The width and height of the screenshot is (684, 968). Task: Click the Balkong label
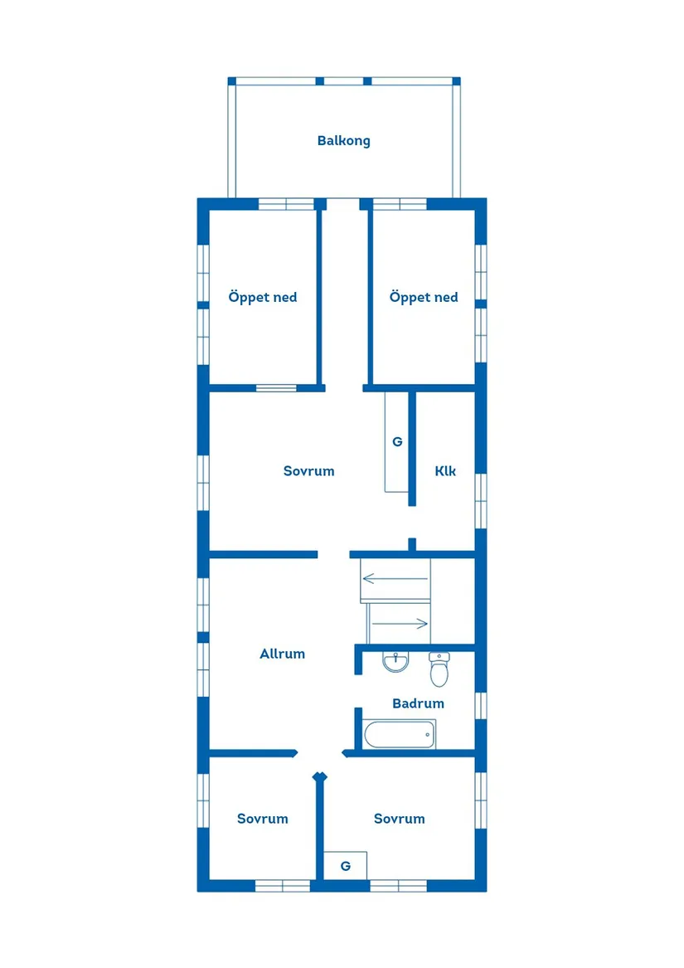344,141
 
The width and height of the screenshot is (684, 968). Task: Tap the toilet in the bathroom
439,669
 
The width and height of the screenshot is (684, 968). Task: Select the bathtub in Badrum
400,734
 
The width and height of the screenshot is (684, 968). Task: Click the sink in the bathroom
395,661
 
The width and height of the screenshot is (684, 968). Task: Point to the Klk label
445,471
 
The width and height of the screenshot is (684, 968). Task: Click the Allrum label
282,654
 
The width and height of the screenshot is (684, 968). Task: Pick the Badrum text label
418,703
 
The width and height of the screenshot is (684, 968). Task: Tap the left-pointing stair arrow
395,578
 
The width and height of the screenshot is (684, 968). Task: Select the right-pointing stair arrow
400,624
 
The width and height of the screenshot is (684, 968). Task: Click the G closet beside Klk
397,442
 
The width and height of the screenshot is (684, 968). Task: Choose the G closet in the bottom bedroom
346,866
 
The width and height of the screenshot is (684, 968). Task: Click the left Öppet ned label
262,298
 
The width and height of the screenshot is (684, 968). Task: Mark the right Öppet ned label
424,298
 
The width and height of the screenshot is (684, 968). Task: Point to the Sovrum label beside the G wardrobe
308,471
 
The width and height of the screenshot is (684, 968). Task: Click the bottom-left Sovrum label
262,819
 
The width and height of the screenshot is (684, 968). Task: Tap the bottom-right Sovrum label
400,819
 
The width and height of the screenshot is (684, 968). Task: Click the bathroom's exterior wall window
481,706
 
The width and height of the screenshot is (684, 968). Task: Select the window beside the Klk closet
481,501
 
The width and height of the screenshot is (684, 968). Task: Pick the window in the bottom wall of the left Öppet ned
277,387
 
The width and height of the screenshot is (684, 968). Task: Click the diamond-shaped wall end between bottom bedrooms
319,776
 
